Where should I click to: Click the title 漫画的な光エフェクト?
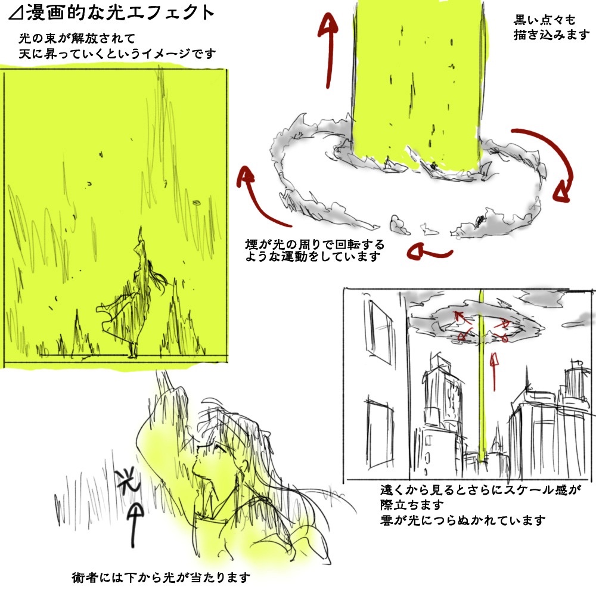(x=120, y=12)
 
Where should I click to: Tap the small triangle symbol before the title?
(x=16, y=13)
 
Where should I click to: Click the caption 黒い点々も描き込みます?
(x=551, y=27)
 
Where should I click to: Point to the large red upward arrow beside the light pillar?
(x=328, y=49)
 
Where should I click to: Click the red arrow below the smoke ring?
(x=430, y=252)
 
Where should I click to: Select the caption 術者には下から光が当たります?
(x=161, y=578)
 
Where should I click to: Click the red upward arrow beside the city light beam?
(x=494, y=371)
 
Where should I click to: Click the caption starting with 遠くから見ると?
(x=480, y=497)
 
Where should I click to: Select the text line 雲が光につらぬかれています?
(x=463, y=520)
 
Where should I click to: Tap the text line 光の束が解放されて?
(x=77, y=39)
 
